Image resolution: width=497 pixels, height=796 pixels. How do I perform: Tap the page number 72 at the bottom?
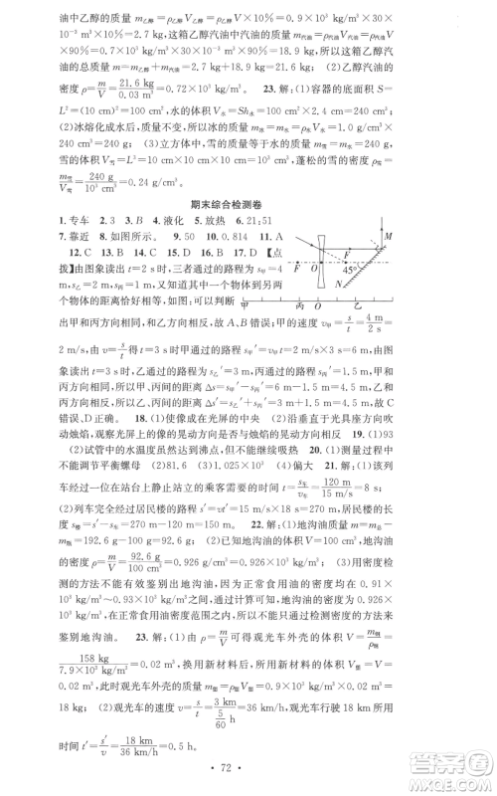click(x=249, y=770)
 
